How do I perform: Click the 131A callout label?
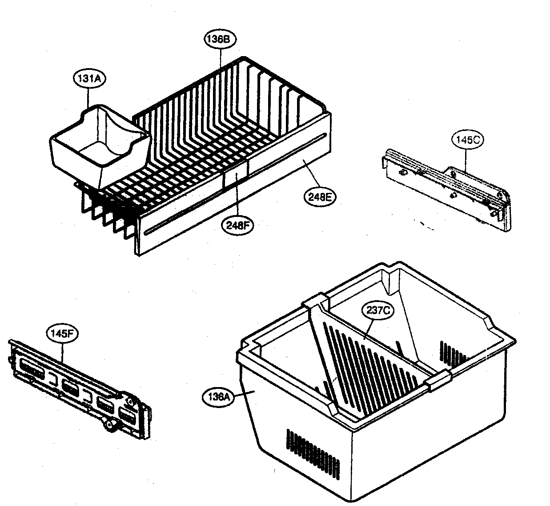coord(88,78)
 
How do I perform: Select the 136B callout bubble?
coord(220,39)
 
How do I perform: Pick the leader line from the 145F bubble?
coord(62,352)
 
